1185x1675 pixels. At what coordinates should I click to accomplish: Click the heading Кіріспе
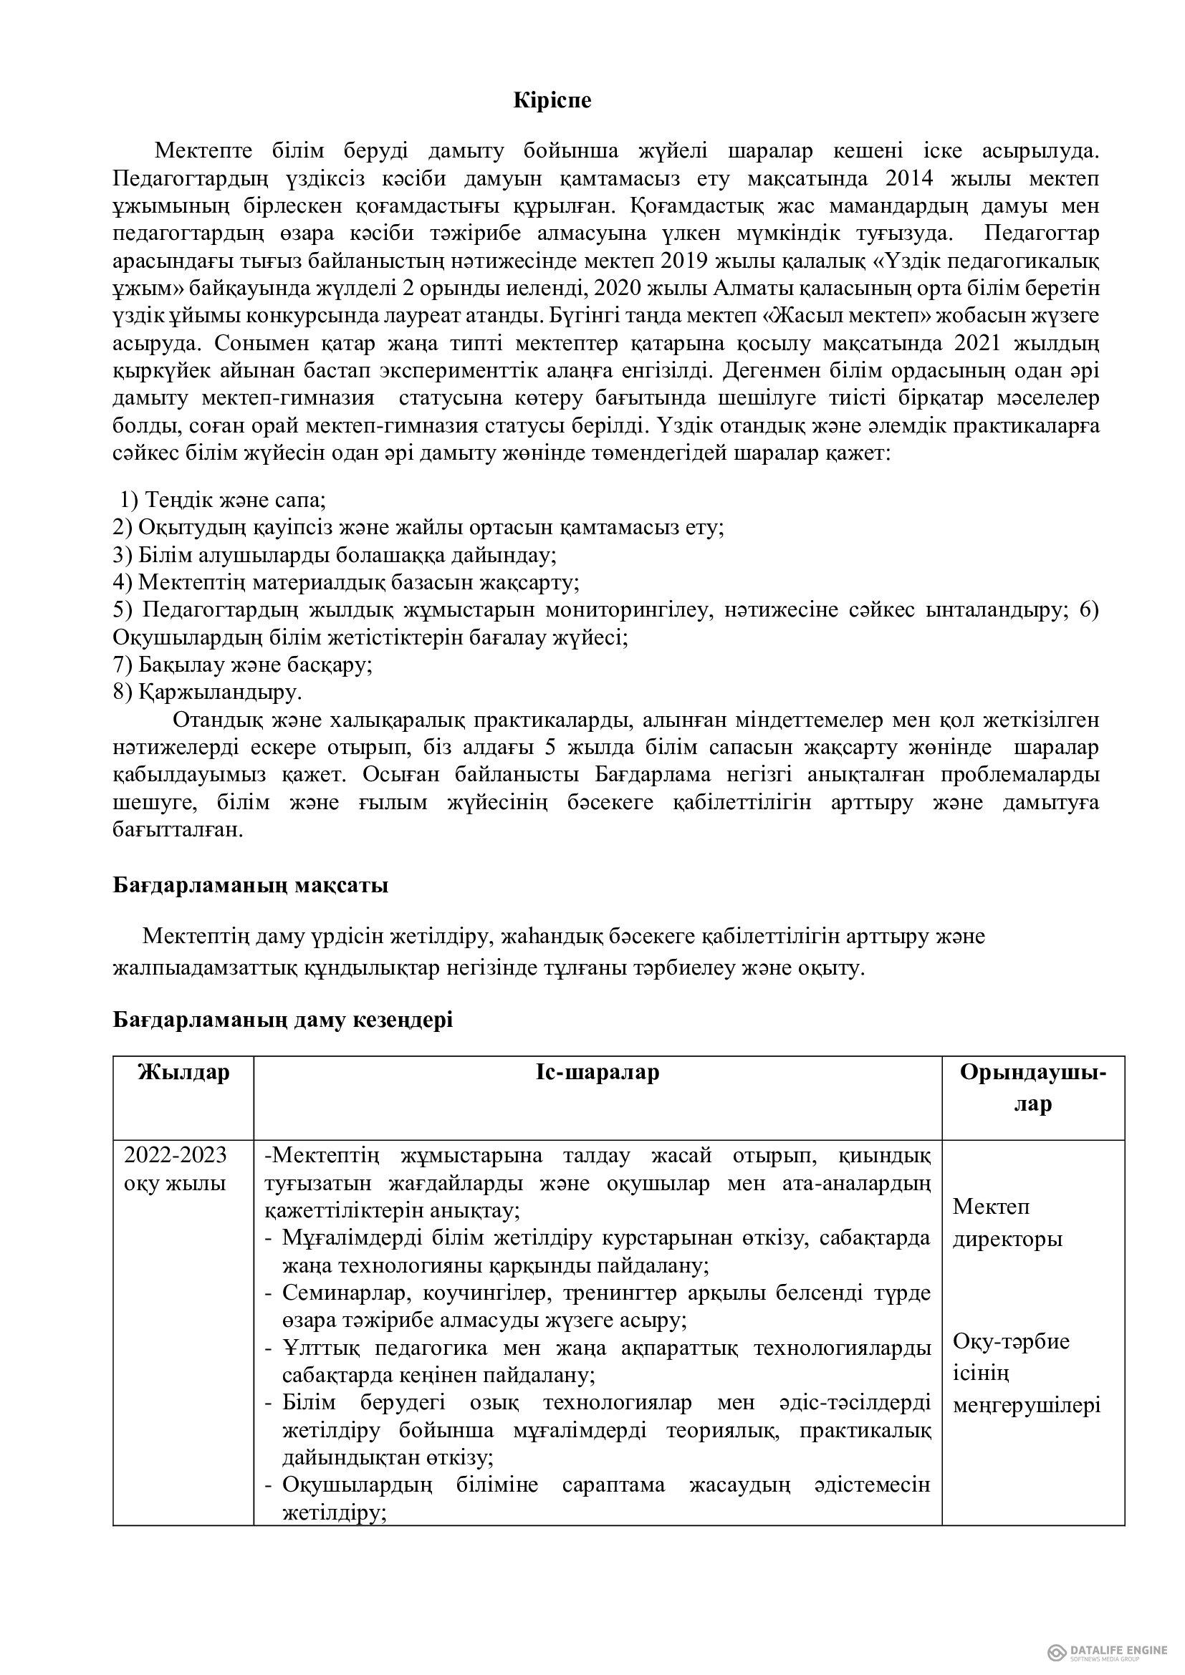(x=552, y=101)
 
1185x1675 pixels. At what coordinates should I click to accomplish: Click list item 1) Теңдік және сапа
(x=224, y=500)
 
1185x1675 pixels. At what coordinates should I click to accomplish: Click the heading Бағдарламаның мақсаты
(x=250, y=886)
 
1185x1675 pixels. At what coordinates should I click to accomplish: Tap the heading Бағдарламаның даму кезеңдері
(x=283, y=1020)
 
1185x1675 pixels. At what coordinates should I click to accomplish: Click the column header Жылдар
(x=184, y=1073)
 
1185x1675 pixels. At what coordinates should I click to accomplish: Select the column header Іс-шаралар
(x=597, y=1073)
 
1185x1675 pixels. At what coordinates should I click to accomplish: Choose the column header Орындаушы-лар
(x=1032, y=1088)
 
